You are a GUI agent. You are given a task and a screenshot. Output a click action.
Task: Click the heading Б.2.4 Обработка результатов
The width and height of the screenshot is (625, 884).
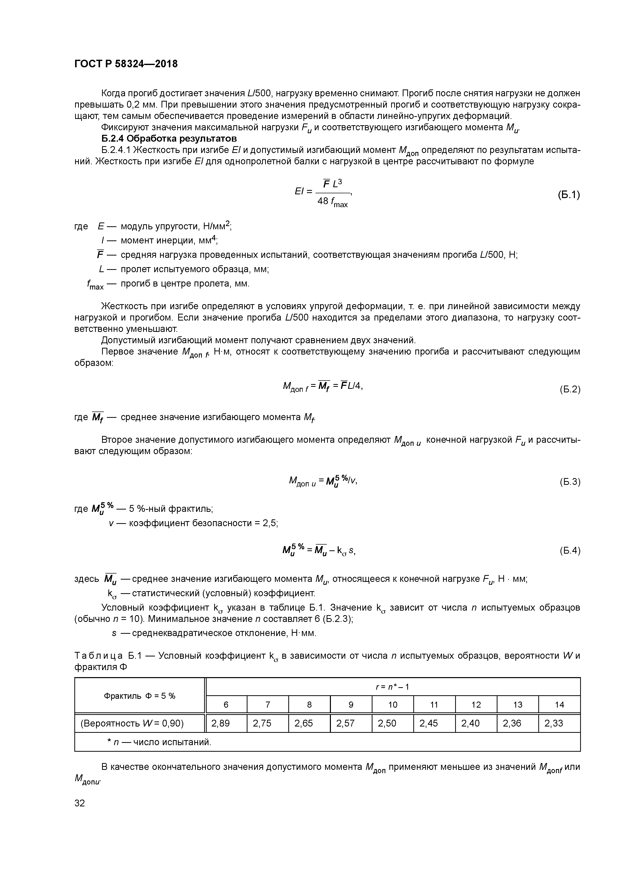(x=169, y=138)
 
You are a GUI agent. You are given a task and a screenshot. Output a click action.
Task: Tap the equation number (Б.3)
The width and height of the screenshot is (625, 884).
(x=570, y=482)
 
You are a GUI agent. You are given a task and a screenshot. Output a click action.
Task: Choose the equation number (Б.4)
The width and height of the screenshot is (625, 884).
(x=570, y=551)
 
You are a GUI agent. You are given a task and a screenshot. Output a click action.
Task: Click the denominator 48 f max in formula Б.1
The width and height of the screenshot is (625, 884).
(x=332, y=202)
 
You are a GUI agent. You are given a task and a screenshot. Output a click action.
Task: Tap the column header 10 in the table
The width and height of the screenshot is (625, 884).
(x=392, y=705)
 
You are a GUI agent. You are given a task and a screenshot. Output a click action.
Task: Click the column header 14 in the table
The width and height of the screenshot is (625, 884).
(x=559, y=705)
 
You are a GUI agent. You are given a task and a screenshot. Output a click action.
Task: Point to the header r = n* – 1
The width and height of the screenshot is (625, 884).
(x=392, y=686)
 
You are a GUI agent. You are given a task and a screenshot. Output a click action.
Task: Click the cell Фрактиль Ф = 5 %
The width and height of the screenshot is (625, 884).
(x=139, y=696)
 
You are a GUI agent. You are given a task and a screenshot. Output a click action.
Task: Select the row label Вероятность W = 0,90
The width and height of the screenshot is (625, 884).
(x=132, y=723)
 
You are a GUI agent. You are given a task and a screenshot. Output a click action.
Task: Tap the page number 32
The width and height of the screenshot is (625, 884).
(x=80, y=803)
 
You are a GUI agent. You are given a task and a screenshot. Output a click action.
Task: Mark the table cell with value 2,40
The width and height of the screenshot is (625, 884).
(x=470, y=723)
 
